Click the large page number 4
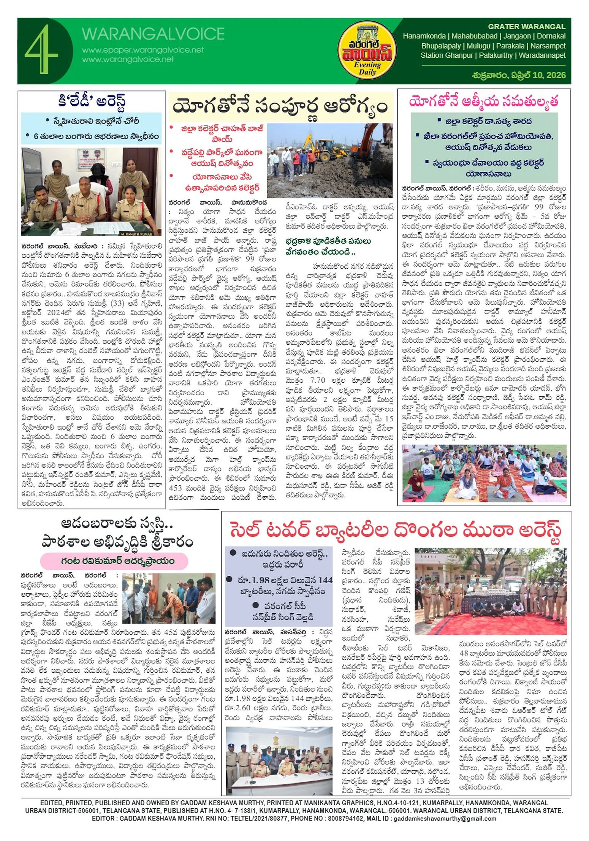[x=41, y=49]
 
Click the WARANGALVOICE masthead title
[x=153, y=34]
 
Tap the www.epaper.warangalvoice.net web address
[x=142, y=50]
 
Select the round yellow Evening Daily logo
[x=367, y=51]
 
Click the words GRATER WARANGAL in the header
[x=526, y=27]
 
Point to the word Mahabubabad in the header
[x=474, y=36]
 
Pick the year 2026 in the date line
[x=556, y=75]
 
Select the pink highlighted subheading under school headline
[x=114, y=561]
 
